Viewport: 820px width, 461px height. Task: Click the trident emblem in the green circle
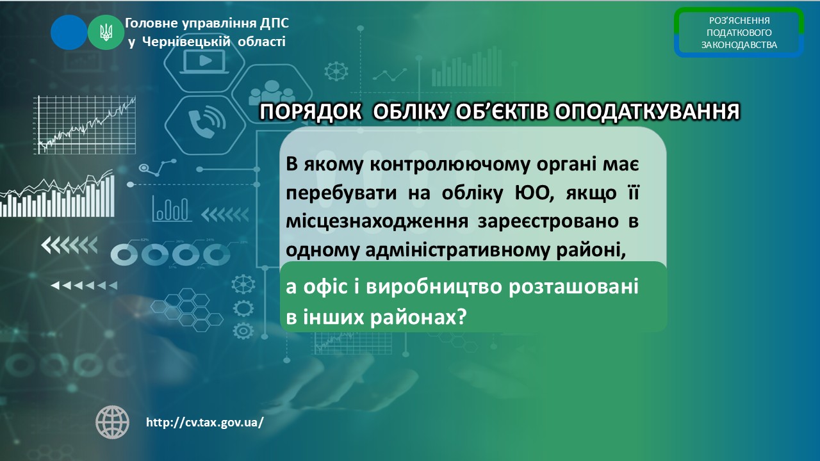tap(106, 32)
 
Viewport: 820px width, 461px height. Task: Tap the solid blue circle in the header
tap(69, 32)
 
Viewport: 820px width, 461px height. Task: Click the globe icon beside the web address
tap(112, 422)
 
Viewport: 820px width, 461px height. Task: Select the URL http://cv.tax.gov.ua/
tap(204, 422)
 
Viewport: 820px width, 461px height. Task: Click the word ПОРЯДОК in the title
tap(311, 111)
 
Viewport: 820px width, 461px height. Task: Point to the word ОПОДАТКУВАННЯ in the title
tap(647, 111)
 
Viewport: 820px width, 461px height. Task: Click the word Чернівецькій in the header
tap(186, 42)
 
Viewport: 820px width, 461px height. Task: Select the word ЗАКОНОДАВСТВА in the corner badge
tap(739, 45)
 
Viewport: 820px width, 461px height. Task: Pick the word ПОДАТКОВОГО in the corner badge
tap(739, 33)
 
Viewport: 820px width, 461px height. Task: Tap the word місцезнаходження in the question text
tap(377, 222)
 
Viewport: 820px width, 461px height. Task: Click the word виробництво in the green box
tap(434, 286)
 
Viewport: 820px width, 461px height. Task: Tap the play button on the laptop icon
tap(205, 60)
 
